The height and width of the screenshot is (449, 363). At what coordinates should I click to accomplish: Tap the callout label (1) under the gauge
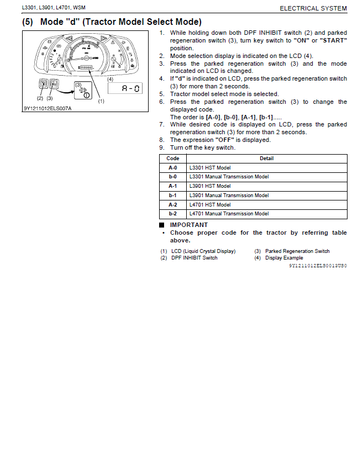point(101,101)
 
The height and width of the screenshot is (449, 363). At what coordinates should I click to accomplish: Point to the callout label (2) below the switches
point(40,98)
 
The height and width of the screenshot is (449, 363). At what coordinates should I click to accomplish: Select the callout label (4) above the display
point(110,78)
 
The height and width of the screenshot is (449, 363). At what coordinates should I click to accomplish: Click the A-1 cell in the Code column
point(173,186)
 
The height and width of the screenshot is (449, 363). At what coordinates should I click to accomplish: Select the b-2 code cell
point(173,214)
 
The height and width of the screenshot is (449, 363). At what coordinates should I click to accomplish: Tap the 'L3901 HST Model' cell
point(209,186)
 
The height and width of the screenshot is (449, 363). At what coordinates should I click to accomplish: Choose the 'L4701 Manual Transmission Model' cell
point(229,214)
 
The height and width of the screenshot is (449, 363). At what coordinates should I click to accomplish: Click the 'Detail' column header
point(267,159)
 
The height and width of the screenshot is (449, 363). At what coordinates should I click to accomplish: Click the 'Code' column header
point(173,159)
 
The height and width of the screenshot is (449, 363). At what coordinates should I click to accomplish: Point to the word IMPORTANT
point(189,225)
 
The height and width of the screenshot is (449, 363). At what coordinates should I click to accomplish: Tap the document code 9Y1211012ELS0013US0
point(318,266)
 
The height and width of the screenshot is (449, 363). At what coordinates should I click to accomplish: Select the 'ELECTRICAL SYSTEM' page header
point(313,8)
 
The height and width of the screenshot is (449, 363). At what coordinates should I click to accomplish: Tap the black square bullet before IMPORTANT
point(162,225)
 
